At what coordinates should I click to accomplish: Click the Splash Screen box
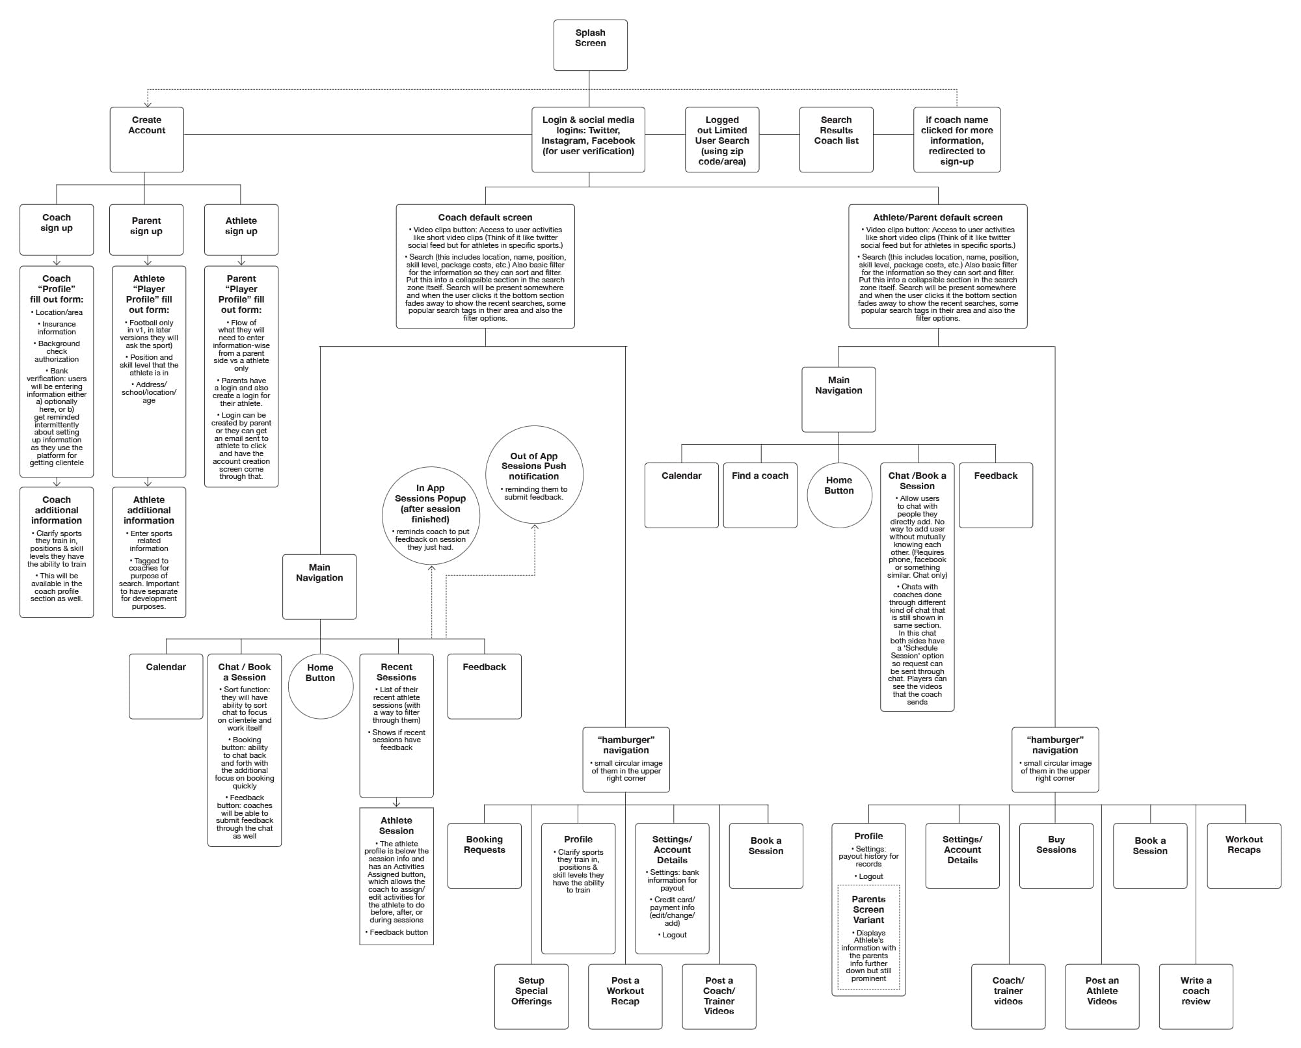coord(590,45)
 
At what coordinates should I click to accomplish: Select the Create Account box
coord(146,139)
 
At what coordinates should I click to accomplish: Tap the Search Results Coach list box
coord(836,139)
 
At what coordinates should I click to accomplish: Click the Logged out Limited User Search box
coord(722,139)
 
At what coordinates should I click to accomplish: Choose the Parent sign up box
coord(146,230)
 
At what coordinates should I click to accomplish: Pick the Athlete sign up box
coord(241,230)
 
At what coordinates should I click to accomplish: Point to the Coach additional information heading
coord(57,510)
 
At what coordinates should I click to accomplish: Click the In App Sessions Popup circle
coord(431,515)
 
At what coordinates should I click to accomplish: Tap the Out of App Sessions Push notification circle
coord(534,475)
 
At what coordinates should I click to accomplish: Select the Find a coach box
coord(760,494)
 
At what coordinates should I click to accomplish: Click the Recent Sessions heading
coord(396,672)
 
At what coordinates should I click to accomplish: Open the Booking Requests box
coord(484,855)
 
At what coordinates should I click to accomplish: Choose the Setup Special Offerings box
coord(531,996)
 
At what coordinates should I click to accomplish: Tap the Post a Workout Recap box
coord(625,996)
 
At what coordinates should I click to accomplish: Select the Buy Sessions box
coord(1056,855)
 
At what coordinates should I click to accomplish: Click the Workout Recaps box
coord(1244,855)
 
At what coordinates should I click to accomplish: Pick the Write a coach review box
coord(1196,996)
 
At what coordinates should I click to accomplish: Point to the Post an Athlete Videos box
coord(1102,996)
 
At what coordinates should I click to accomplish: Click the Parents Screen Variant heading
coord(868,909)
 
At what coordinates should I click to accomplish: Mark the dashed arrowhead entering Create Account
coord(148,103)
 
